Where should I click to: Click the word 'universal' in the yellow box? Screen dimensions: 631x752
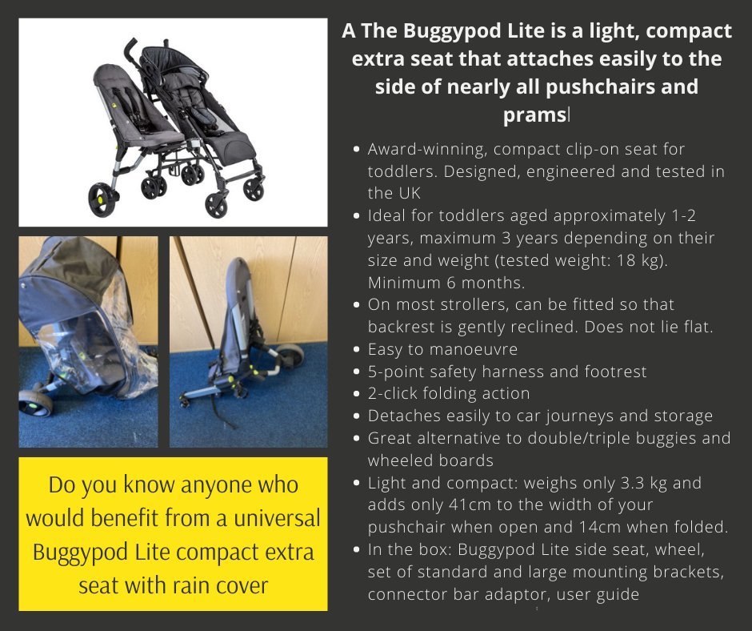[x=276, y=518]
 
